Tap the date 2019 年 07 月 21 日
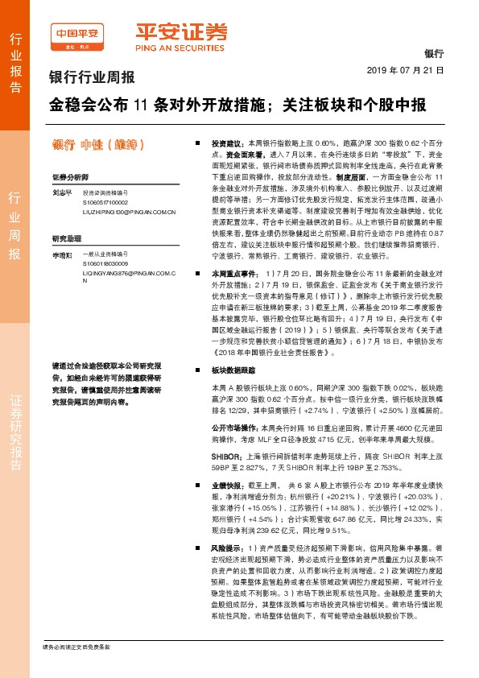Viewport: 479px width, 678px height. [x=411, y=71]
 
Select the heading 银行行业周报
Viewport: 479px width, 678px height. [x=92, y=78]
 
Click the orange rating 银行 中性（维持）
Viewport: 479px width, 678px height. [x=97, y=145]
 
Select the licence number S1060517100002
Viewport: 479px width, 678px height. [x=105, y=203]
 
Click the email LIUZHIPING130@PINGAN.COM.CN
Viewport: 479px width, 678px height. [x=129, y=212]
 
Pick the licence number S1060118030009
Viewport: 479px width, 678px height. [x=105, y=263]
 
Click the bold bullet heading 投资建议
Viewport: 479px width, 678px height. [x=227, y=140]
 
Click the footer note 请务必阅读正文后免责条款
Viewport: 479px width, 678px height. [x=76, y=647]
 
